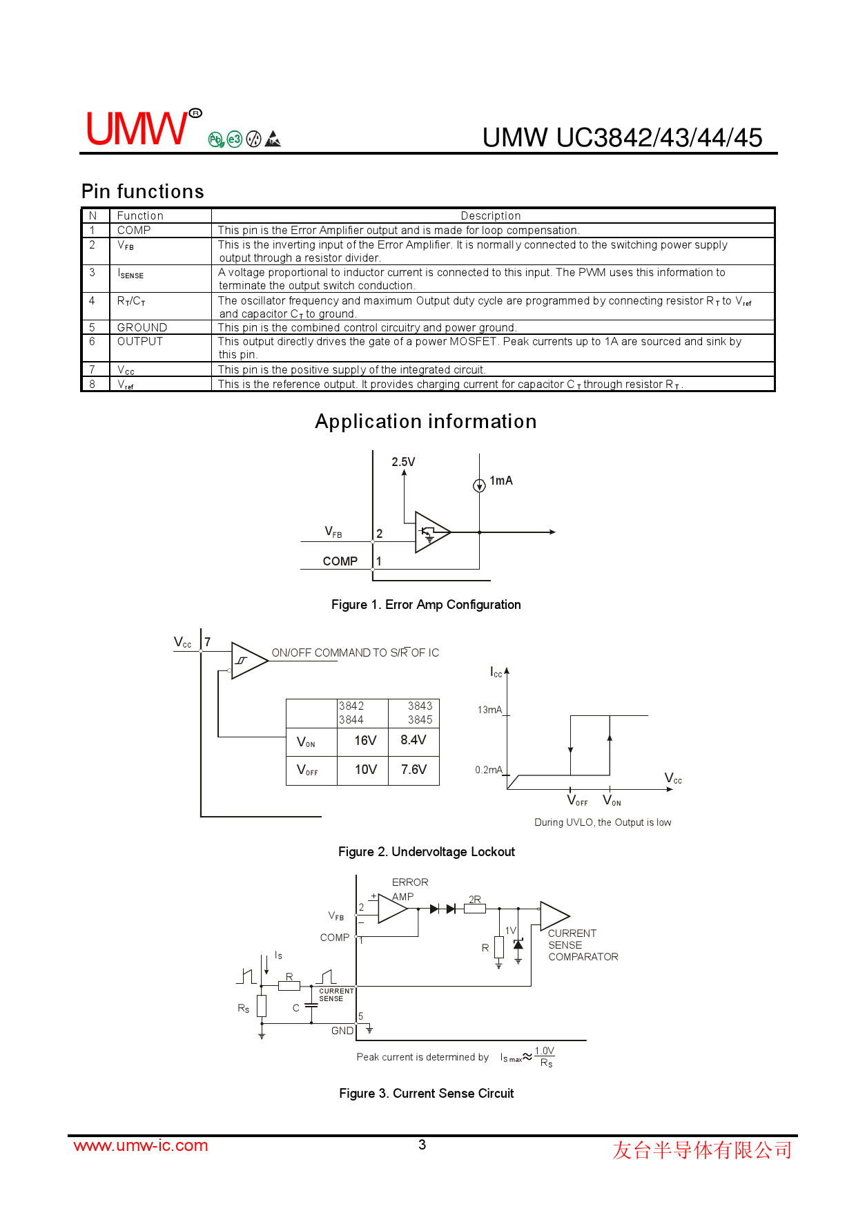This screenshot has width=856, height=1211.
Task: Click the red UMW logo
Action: pyautogui.click(x=137, y=128)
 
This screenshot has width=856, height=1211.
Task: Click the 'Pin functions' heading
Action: pyautogui.click(x=143, y=191)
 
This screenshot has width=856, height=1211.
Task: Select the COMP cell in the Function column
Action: pyautogui.click(x=134, y=231)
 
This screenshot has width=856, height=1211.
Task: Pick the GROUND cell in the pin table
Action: pyautogui.click(x=142, y=327)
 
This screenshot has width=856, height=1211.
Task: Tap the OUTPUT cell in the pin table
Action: pyautogui.click(x=140, y=341)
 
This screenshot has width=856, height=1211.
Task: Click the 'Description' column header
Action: pyautogui.click(x=491, y=215)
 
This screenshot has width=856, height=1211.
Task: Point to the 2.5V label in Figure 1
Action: pyautogui.click(x=403, y=462)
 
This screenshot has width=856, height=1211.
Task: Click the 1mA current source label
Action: pyautogui.click(x=501, y=481)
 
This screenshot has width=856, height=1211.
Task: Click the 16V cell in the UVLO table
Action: pyautogui.click(x=365, y=741)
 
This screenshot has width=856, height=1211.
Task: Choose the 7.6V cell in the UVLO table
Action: pyautogui.click(x=414, y=770)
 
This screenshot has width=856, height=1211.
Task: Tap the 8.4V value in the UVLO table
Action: pyautogui.click(x=414, y=740)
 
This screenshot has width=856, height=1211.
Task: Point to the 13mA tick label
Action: pyautogui.click(x=489, y=710)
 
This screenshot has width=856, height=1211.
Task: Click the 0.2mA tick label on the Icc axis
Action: pyautogui.click(x=488, y=770)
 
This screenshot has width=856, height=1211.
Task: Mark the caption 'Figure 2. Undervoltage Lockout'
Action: pyautogui.click(x=426, y=852)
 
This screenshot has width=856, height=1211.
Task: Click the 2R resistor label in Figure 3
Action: pyautogui.click(x=475, y=899)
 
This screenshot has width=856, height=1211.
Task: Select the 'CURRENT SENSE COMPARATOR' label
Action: pyautogui.click(x=582, y=945)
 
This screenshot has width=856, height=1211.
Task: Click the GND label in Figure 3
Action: pyautogui.click(x=342, y=1031)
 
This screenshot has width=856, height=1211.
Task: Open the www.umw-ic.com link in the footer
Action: pyautogui.click(x=141, y=1145)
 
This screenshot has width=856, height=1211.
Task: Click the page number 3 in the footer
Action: pyautogui.click(x=422, y=1145)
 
